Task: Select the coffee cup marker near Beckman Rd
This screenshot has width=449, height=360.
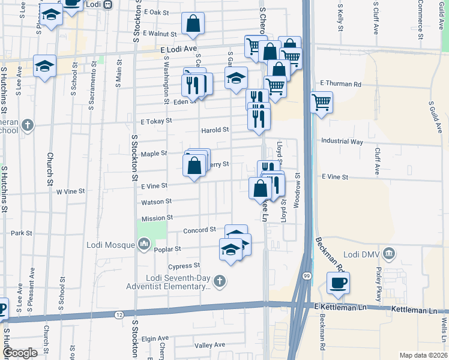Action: pos(338,283)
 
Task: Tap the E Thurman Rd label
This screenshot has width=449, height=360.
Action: pos(341,84)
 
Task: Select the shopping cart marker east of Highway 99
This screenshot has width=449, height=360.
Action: pos(322,101)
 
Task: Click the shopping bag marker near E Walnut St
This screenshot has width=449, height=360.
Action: pos(193,24)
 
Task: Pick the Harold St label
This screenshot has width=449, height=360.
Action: pos(215,130)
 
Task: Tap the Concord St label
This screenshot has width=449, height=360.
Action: pos(199,230)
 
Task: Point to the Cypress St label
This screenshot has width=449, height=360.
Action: pos(184,266)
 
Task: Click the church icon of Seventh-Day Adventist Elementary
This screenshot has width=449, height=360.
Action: pos(220,280)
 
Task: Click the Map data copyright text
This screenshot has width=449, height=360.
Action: pos(423,355)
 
